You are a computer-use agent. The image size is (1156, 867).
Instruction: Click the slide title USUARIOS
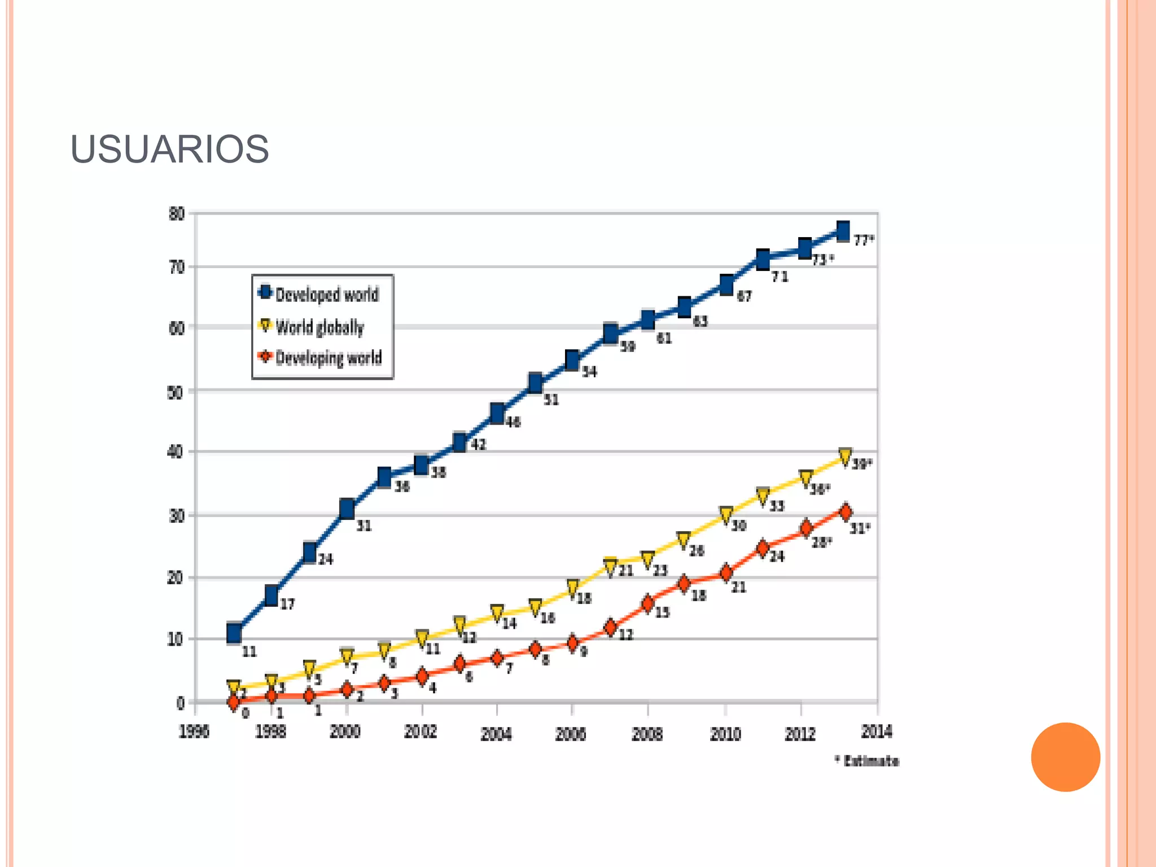tap(169, 150)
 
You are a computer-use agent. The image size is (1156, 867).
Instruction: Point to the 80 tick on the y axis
tap(177, 214)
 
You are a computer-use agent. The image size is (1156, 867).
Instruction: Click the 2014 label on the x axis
tap(877, 732)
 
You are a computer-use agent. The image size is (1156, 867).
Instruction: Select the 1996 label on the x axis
tap(194, 732)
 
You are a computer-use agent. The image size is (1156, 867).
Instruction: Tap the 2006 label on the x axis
tap(571, 734)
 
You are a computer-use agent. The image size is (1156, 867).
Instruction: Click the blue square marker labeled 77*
tap(843, 231)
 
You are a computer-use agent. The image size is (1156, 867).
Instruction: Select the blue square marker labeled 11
tap(234, 633)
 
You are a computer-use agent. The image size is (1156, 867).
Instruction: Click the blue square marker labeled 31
tap(347, 509)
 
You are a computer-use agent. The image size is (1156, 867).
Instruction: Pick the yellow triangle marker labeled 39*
tap(845, 457)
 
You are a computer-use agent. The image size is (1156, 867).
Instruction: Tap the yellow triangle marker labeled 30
tap(726, 515)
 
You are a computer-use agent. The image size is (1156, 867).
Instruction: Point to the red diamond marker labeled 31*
tap(845, 512)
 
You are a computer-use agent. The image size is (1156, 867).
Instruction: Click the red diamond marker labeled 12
tap(610, 628)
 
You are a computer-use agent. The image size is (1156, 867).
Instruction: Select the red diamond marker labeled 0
tap(234, 702)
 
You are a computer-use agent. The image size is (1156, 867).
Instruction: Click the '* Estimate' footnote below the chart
tap(868, 761)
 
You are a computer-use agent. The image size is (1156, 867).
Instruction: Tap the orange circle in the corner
tap(1065, 757)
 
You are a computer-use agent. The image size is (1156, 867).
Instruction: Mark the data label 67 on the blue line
tap(745, 296)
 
